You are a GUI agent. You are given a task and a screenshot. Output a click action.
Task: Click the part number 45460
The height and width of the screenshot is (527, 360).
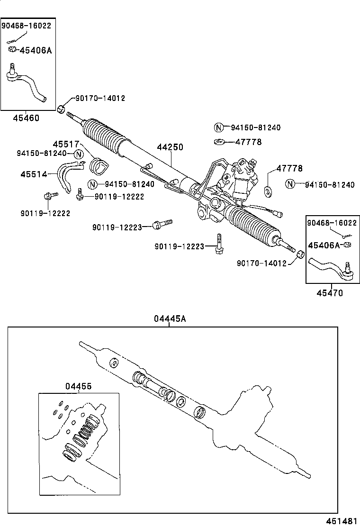click(26, 118)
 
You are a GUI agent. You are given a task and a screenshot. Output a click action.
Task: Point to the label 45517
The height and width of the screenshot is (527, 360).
click(65, 144)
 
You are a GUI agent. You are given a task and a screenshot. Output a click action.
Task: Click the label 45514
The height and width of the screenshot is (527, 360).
click(34, 174)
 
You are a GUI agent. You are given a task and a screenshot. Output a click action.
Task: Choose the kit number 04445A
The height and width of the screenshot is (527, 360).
click(169, 319)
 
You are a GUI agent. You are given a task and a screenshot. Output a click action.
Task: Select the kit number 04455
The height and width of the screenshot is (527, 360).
click(79, 387)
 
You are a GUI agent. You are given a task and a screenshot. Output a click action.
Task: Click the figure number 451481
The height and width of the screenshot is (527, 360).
click(342, 521)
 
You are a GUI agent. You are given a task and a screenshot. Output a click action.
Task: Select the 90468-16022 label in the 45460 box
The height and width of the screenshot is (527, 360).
click(26, 26)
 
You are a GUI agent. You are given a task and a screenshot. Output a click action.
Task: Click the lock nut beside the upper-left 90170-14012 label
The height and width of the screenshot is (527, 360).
click(61, 109)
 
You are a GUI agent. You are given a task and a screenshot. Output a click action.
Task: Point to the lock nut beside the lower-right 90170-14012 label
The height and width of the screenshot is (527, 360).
click(299, 256)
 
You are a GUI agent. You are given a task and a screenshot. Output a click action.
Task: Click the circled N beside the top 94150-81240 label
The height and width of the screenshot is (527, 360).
click(218, 127)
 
